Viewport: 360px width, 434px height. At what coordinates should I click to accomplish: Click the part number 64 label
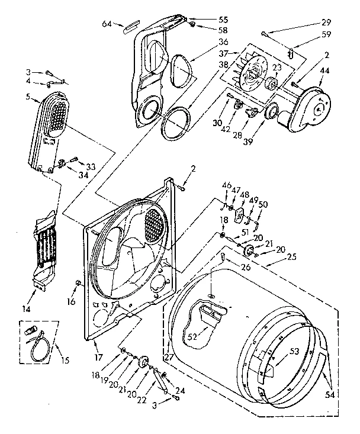(107, 24)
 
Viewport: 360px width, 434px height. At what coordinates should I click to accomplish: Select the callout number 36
(206, 41)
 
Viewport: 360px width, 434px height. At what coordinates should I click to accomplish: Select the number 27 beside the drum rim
(168, 356)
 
